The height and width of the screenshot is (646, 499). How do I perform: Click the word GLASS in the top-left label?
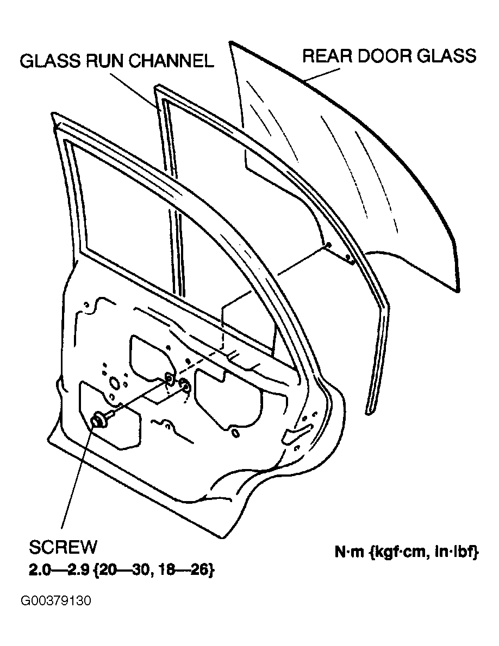pos(50,61)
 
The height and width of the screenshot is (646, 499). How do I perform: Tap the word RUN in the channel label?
pos(105,61)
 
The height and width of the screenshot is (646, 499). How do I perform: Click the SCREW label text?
pos(63,547)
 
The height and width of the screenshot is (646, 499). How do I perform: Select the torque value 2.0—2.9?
pos(59,571)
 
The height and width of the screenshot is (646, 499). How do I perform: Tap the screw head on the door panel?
pos(98,420)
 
